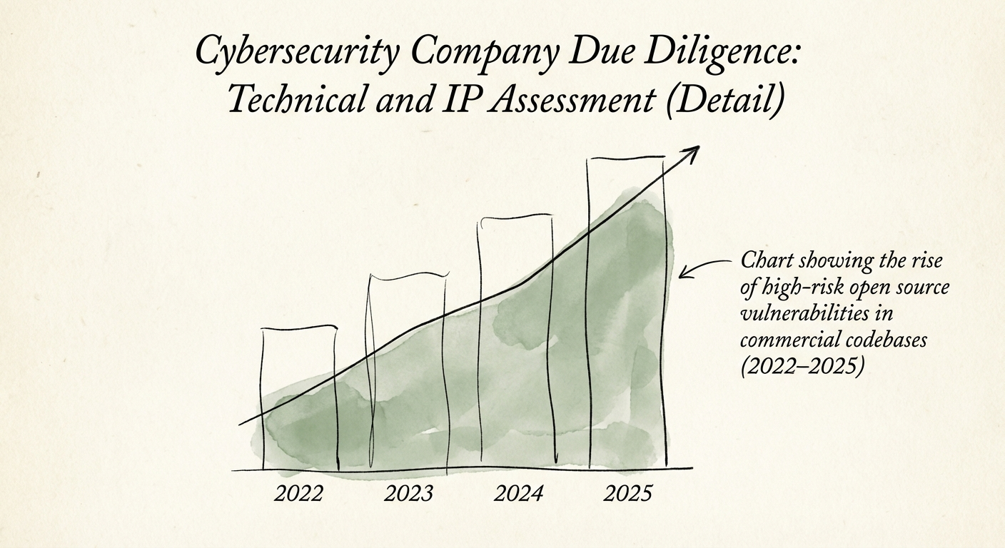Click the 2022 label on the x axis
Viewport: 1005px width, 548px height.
click(x=298, y=493)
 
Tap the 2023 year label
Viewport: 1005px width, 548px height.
click(x=408, y=493)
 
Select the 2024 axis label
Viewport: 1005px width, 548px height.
click(x=519, y=493)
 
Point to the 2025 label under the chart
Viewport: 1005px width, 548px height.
click(x=628, y=493)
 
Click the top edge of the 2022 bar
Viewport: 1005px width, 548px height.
click(x=299, y=328)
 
